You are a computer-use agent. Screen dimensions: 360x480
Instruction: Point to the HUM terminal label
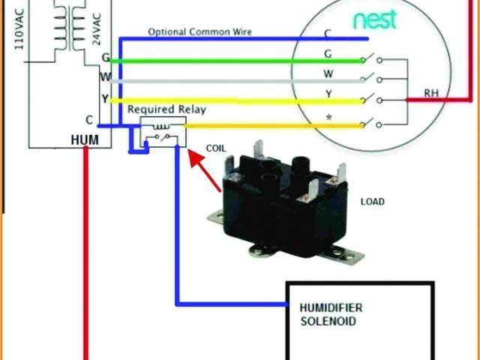point(81,139)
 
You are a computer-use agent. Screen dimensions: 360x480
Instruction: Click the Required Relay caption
point(166,109)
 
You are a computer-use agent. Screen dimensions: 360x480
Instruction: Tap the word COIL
point(215,148)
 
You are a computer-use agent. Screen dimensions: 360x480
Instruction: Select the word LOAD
point(373,202)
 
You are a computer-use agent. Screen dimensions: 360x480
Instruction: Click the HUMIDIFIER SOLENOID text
point(328,314)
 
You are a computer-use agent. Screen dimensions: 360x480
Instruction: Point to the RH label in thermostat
point(431,94)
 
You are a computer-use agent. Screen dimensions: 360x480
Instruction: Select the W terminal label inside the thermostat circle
point(328,74)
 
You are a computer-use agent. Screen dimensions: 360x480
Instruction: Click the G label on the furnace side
point(105,58)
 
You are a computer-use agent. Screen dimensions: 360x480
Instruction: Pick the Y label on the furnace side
point(105,98)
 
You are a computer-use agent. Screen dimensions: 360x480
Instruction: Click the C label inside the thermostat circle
point(328,33)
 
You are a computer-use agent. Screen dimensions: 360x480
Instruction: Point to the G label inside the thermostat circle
point(328,54)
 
